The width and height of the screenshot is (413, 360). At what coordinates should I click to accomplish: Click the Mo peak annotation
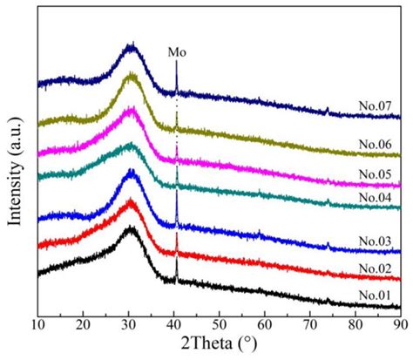[177, 52]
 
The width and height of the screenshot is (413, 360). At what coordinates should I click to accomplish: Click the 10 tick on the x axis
[37, 323]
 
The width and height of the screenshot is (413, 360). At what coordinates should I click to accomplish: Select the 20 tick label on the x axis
[83, 323]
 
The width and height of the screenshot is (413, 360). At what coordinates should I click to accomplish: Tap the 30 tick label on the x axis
[128, 323]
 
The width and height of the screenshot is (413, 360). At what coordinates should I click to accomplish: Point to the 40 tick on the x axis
[173, 323]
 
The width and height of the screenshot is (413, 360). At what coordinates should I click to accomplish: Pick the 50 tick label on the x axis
[219, 323]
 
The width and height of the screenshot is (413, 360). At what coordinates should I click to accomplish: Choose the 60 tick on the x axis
[264, 323]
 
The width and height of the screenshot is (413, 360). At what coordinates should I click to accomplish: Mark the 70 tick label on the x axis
[309, 323]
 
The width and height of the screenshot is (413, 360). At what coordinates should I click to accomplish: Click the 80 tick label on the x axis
[355, 323]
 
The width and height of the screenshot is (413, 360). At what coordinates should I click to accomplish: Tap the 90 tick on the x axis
[400, 323]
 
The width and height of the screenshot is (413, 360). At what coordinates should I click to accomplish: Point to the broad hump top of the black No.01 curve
[131, 229]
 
